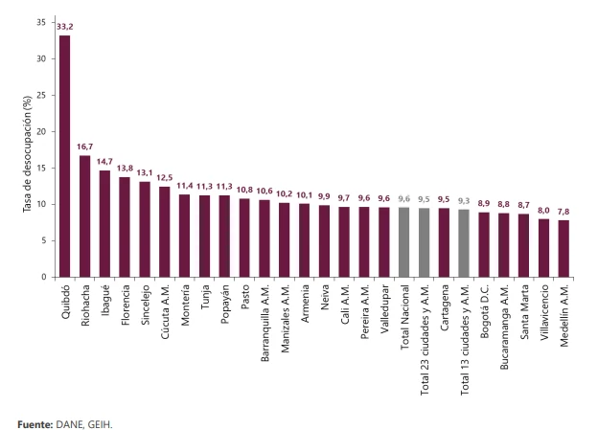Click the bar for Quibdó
click(65, 156)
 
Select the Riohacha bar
click(84, 216)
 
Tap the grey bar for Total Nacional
click(403, 242)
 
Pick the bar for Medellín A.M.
click(563, 249)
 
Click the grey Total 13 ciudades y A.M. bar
click(464, 243)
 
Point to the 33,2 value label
click(65, 27)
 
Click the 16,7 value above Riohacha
click(84, 147)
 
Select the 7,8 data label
click(563, 212)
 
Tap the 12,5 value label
click(165, 177)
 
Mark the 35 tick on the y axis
click(41, 23)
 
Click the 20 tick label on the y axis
click(41, 132)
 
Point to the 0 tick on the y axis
click(43, 277)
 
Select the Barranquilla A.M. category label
click(264, 323)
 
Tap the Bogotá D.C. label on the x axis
click(484, 311)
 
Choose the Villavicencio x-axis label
click(544, 312)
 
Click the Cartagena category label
click(445, 307)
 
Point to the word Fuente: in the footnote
click(35, 424)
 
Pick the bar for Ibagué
click(104, 224)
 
